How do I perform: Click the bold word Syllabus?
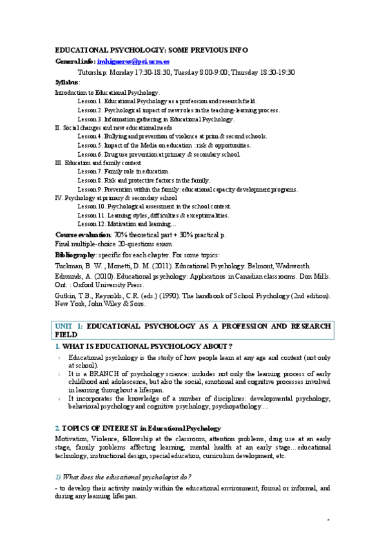point(66,83)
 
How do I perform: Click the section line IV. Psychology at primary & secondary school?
point(116,198)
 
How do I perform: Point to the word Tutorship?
point(93,72)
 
